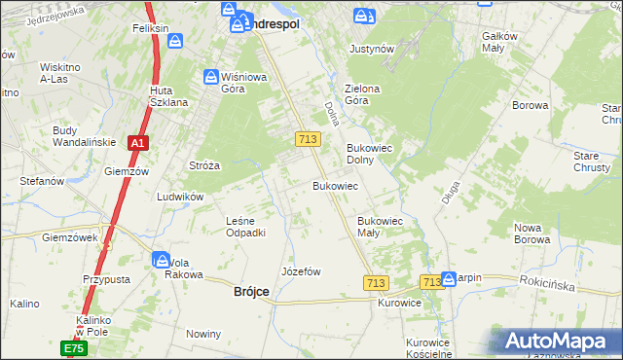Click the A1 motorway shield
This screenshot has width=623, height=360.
pyautogui.click(x=138, y=143)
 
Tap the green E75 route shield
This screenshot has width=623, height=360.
pyautogui.click(x=75, y=347)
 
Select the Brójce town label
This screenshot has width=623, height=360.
pyautogui.click(x=252, y=291)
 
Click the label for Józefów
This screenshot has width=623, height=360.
pyautogui.click(x=301, y=271)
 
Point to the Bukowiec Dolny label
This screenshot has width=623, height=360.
pyautogui.click(x=368, y=155)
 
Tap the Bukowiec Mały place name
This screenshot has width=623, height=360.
pyautogui.click(x=381, y=227)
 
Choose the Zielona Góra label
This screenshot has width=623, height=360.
pyautogui.click(x=361, y=94)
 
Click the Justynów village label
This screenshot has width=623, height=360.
pyautogui.click(x=371, y=48)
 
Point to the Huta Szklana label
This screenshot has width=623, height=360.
pyautogui.click(x=168, y=96)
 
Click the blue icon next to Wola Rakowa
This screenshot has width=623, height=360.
pyautogui.click(x=161, y=259)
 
